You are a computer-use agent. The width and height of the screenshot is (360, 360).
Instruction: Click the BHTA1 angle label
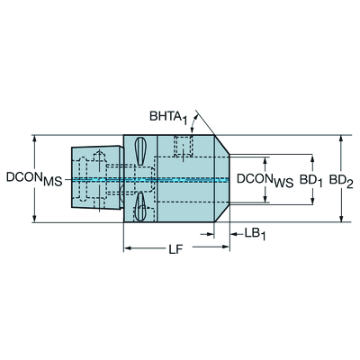(168, 117)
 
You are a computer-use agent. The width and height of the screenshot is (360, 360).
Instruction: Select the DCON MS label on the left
(34, 179)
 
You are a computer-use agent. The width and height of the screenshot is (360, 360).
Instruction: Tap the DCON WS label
(265, 181)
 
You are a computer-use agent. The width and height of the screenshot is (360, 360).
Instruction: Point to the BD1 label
(311, 181)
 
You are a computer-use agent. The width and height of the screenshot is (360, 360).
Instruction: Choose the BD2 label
(342, 181)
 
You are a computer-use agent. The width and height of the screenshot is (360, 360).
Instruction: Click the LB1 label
(255, 234)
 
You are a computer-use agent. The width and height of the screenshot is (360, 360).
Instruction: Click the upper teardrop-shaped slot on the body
(140, 151)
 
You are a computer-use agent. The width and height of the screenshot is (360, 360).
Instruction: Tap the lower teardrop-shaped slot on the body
(140, 207)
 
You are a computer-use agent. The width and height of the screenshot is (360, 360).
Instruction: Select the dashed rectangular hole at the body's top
(183, 146)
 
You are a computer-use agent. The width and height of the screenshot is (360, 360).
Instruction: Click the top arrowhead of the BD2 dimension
(341, 139)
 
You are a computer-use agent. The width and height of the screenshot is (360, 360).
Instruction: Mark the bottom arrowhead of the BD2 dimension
(341, 218)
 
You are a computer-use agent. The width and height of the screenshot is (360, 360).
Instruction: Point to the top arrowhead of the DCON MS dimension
(35, 139)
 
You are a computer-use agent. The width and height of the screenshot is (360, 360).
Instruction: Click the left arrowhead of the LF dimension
(129, 247)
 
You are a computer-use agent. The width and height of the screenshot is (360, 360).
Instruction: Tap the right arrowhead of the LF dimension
(225, 247)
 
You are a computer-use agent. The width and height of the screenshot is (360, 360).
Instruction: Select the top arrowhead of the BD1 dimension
(313, 159)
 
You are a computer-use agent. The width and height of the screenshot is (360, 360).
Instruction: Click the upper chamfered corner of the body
(222, 146)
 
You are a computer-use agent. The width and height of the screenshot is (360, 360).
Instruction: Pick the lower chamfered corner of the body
(222, 213)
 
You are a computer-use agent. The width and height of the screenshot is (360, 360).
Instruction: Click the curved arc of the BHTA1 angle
(194, 123)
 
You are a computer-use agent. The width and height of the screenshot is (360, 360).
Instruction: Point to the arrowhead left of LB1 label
(209, 234)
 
